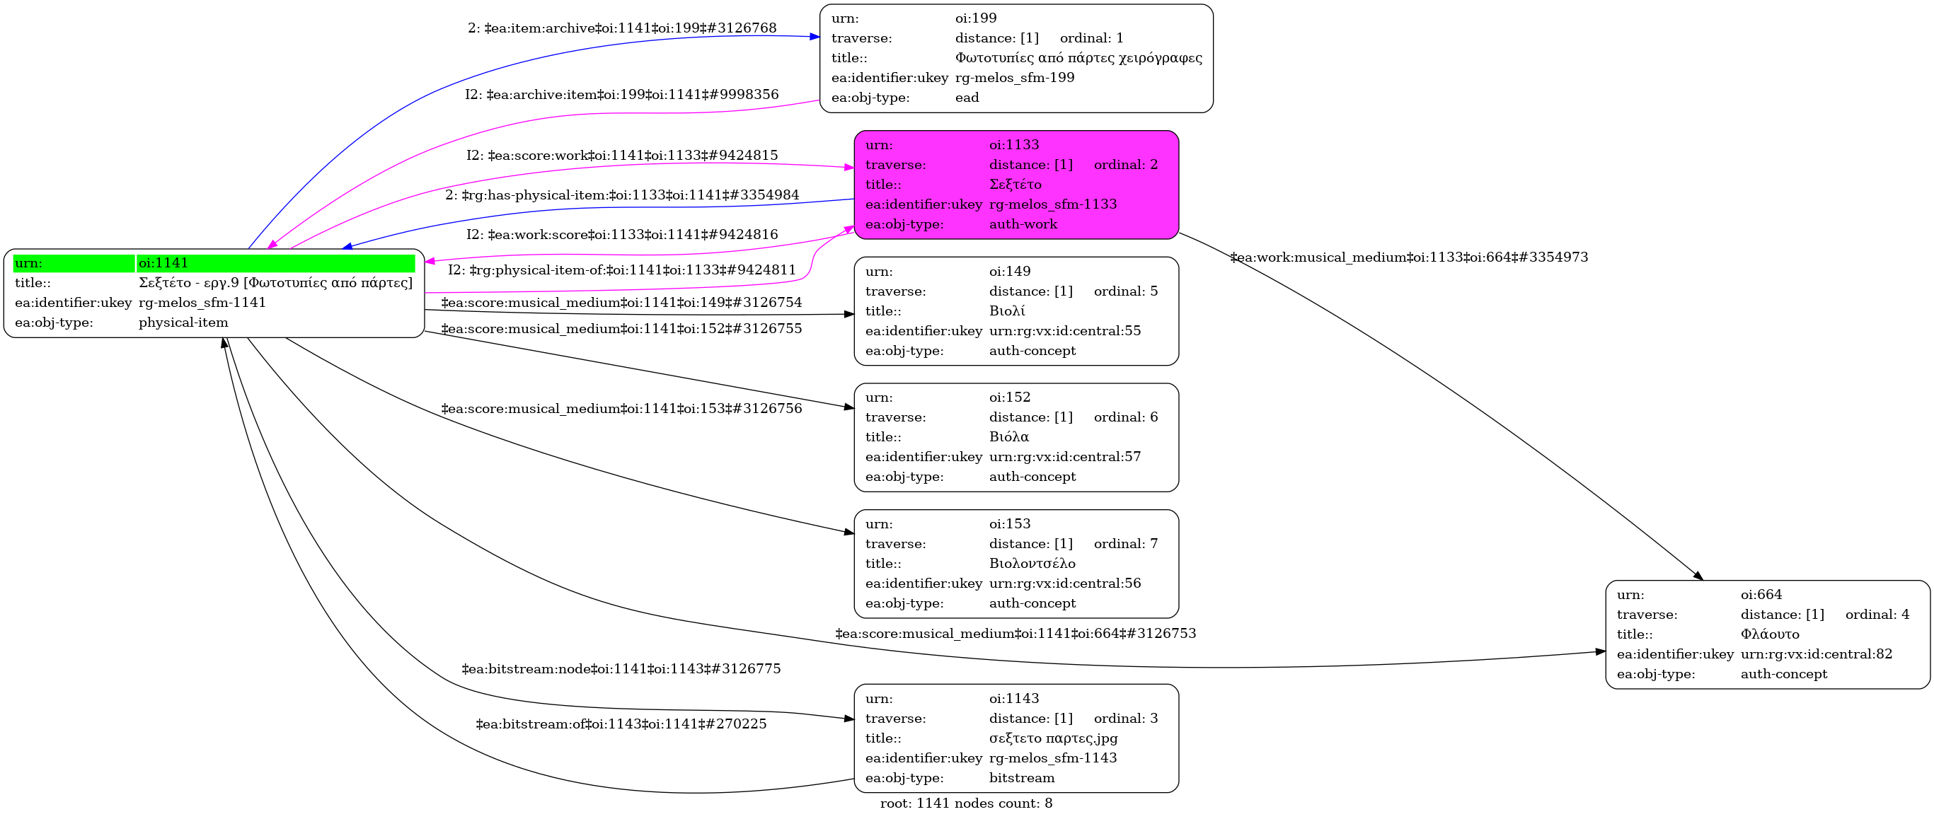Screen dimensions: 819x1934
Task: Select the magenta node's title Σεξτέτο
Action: pos(1015,185)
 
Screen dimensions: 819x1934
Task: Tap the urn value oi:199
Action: pos(975,18)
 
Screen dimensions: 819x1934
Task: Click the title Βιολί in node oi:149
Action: pos(1007,311)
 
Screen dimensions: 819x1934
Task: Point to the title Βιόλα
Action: pos(1009,437)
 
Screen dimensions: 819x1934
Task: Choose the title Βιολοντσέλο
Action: pos(1032,564)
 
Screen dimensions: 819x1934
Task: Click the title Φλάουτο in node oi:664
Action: pos(1770,634)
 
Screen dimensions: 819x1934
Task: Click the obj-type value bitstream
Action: pos(1022,779)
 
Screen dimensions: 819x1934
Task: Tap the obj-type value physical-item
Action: pos(183,323)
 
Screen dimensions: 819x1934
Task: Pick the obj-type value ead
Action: pos(967,98)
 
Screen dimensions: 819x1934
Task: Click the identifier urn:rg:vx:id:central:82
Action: pos(1816,654)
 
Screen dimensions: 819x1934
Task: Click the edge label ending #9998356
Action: pos(621,95)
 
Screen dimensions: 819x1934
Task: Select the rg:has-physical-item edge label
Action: pos(621,195)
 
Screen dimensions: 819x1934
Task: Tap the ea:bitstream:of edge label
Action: pos(621,724)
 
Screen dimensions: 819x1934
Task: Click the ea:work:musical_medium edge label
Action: pos(1408,257)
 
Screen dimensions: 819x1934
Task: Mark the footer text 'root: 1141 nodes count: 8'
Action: pos(966,803)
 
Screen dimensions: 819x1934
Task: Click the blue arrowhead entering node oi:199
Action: pos(815,36)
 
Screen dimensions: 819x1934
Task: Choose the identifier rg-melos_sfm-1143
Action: pos(1052,758)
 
